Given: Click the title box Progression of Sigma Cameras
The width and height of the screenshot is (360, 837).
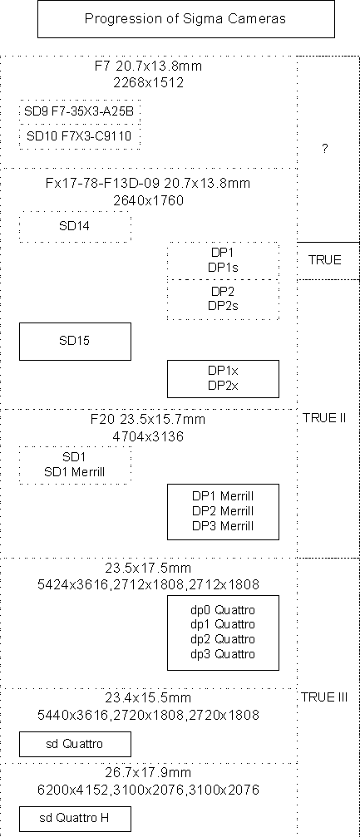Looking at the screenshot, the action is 186,19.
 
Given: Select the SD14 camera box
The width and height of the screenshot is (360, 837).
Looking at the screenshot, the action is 75,226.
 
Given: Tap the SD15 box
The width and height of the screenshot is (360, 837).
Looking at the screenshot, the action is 75,341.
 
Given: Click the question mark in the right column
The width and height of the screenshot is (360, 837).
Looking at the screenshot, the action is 325,149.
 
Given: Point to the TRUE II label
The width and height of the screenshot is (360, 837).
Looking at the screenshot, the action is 324,418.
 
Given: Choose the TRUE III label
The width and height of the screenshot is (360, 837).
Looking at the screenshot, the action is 324,697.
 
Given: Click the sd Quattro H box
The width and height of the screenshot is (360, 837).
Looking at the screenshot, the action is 75,819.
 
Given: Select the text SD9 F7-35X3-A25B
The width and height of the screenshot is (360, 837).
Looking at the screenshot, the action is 79,111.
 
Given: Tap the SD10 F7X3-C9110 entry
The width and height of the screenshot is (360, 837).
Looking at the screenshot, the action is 79,136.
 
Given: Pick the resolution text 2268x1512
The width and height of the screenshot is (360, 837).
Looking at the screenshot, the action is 149,83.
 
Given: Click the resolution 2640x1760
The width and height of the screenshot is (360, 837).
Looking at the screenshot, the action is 149,200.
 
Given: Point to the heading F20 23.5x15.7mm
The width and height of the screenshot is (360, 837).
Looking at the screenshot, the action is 148,419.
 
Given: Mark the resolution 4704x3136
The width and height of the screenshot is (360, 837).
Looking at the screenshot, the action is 148,436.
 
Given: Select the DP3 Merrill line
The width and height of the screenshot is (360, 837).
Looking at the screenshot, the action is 223,526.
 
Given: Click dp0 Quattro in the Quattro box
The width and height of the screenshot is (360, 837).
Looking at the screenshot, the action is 223,609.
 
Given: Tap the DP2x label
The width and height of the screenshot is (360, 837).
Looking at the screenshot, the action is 223,386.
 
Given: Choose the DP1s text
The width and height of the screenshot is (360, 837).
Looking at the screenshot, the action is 223,268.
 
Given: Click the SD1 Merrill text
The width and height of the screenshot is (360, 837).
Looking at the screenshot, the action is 74,472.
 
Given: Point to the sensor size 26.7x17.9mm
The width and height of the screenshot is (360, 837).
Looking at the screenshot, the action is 148,772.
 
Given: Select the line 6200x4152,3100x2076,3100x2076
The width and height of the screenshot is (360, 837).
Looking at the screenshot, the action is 148,790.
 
